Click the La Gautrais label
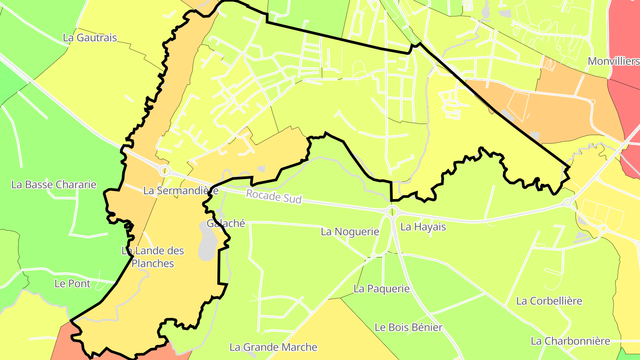90,38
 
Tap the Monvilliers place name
613,61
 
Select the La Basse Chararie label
54,184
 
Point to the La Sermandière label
180,191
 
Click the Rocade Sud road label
274,196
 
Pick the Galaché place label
226,224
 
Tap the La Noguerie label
350,232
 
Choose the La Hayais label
423,227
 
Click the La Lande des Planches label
153,257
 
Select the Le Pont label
72,284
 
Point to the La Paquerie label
381,289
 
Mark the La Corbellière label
549,301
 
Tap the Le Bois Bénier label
408,328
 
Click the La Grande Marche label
273,347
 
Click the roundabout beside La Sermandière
165,171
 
